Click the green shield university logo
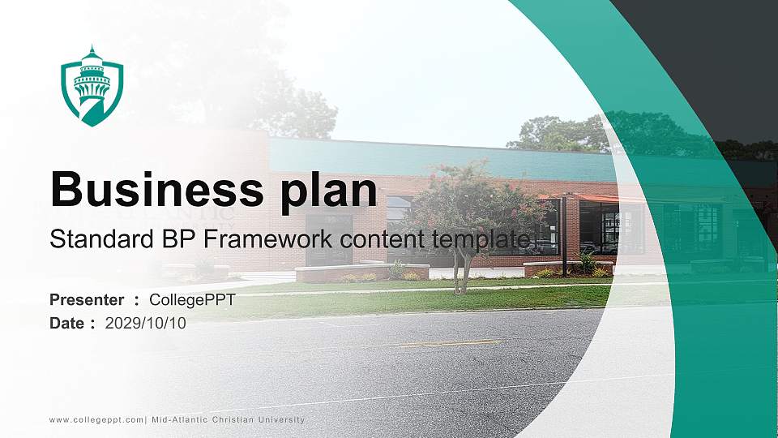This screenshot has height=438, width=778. [92, 86]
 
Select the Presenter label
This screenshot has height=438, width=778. [87, 300]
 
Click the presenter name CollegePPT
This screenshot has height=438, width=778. [192, 300]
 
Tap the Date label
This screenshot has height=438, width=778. [67, 324]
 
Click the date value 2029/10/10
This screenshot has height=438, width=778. [146, 324]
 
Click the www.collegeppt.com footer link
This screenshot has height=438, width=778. [96, 419]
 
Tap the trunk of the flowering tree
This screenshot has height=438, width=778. [462, 272]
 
